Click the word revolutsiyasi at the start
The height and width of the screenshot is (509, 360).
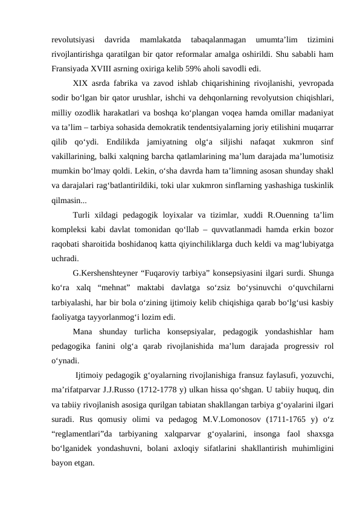[x=73, y=40]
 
